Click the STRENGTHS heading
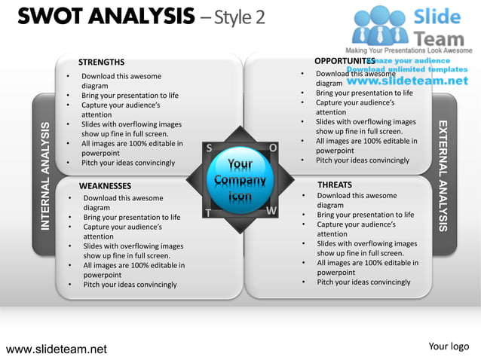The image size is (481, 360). pyautogui.click(x=102, y=63)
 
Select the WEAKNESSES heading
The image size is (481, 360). pyautogui.click(x=105, y=186)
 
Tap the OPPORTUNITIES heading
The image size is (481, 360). pyautogui.click(x=345, y=60)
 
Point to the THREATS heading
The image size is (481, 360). pyautogui.click(x=335, y=185)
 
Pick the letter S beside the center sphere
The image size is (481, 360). pyautogui.click(x=208, y=148)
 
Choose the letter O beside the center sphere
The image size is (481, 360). pyautogui.click(x=272, y=148)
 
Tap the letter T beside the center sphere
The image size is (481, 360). pyautogui.click(x=207, y=213)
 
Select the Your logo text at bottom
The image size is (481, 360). pyautogui.click(x=449, y=346)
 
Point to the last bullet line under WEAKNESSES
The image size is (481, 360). pyautogui.click(x=130, y=285)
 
